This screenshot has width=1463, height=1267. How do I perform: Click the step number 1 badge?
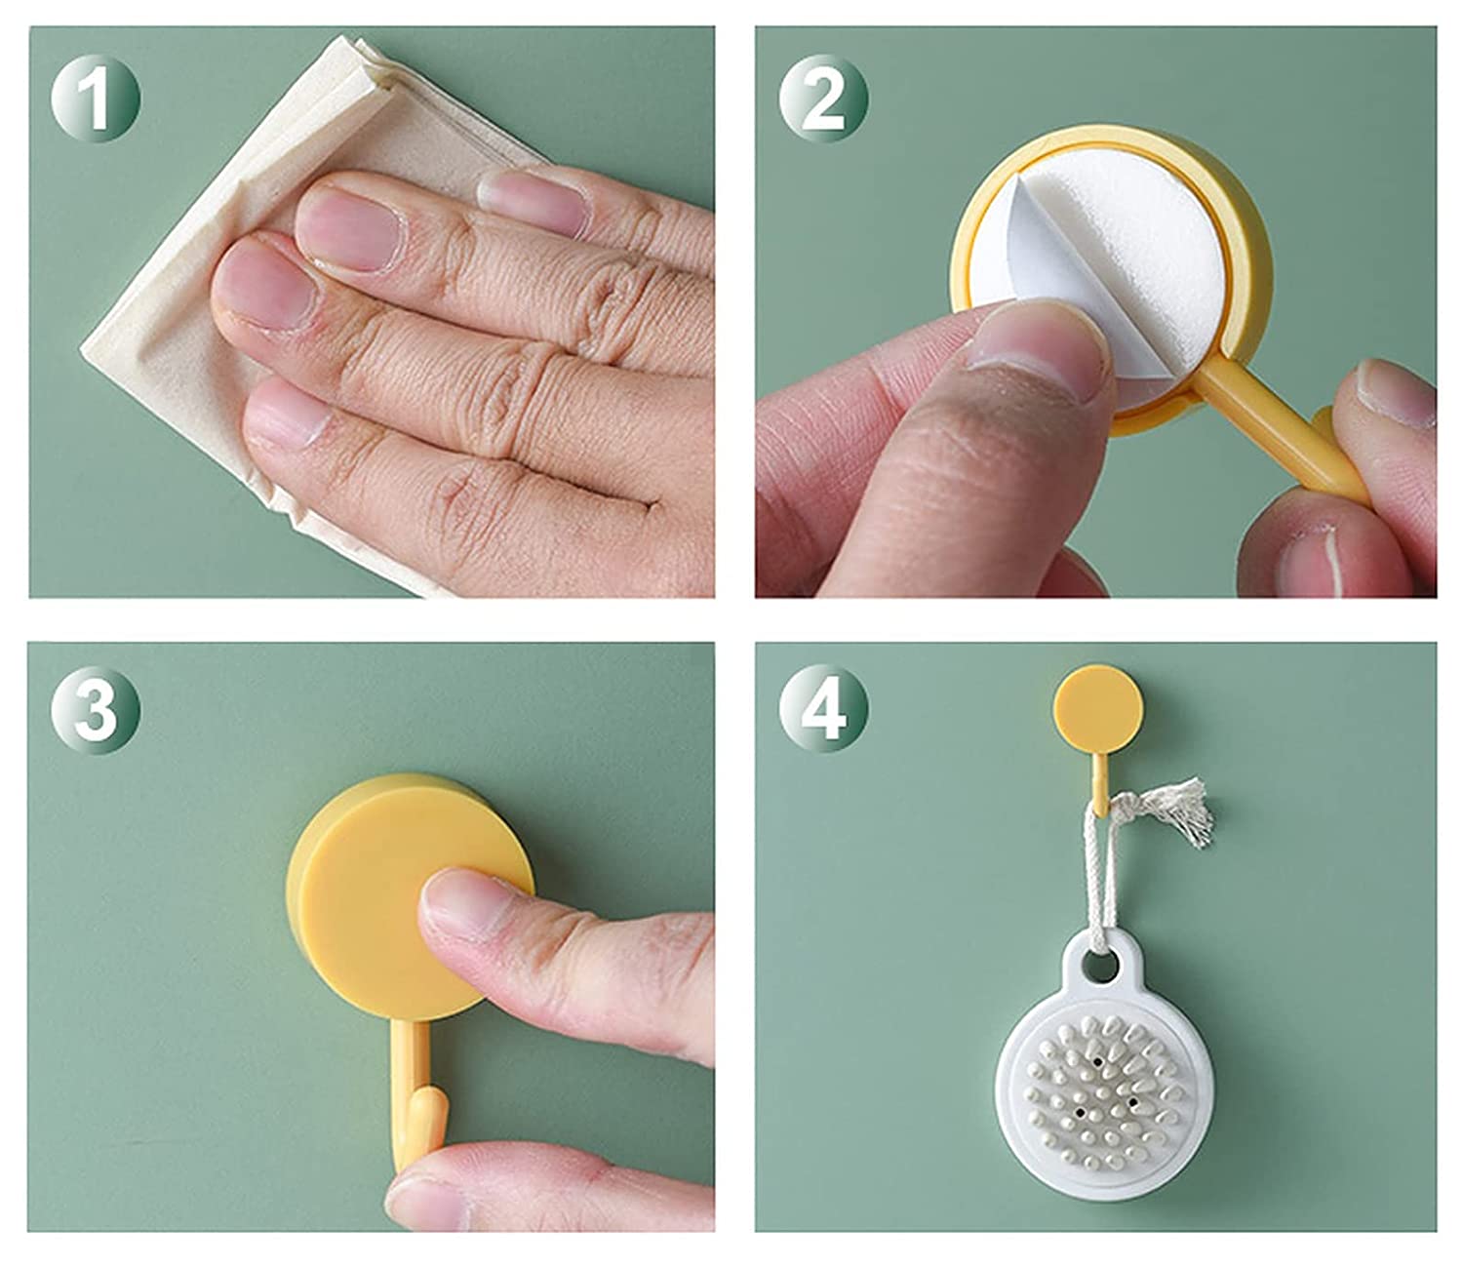[x=96, y=99]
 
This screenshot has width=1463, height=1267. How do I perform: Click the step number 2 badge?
[x=823, y=99]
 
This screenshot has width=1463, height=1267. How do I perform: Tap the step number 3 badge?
[x=96, y=709]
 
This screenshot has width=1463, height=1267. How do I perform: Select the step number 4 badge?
[x=823, y=709]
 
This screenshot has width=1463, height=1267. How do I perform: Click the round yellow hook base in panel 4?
[x=1098, y=709]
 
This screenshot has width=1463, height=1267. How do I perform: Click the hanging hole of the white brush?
[x=1099, y=967]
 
